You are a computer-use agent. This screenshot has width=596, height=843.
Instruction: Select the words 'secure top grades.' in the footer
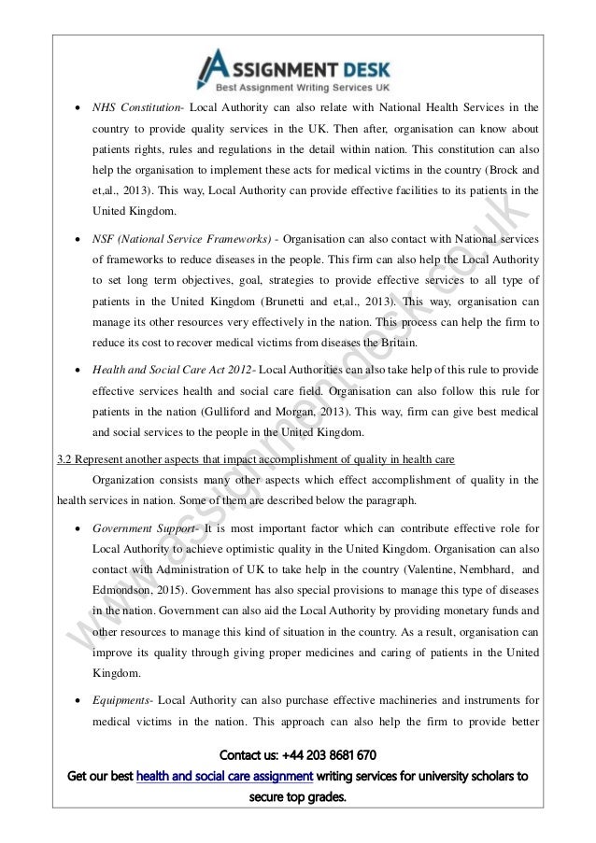pyautogui.click(x=297, y=799)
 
